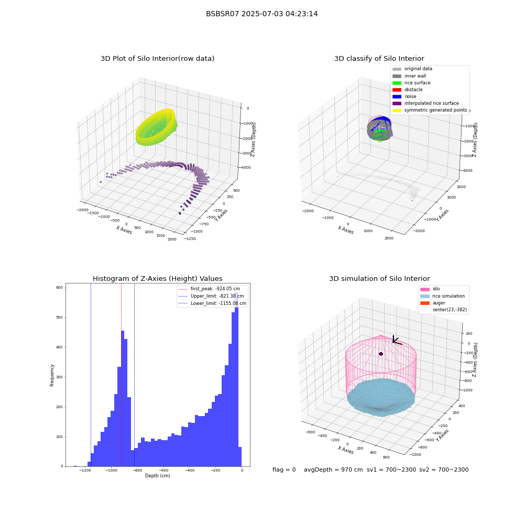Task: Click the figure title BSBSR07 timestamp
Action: click(261, 14)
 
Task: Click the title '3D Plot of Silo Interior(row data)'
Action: click(157, 59)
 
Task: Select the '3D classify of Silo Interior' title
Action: click(379, 59)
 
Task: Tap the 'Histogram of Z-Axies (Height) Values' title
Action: click(157, 278)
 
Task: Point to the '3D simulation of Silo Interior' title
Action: click(379, 278)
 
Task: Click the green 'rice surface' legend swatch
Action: click(397, 83)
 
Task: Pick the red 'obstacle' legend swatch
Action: click(397, 90)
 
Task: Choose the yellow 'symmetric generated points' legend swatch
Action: click(397, 110)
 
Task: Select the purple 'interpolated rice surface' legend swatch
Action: click(397, 103)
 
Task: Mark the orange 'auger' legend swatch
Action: click(425, 303)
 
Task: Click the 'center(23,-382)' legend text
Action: click(450, 310)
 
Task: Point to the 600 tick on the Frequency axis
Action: click(60, 287)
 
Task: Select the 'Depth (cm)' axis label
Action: click(157, 476)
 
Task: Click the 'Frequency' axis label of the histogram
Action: click(52, 375)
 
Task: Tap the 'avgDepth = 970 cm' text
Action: click(333, 470)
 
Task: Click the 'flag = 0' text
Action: click(284, 470)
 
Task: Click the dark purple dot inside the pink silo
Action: click(380, 354)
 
